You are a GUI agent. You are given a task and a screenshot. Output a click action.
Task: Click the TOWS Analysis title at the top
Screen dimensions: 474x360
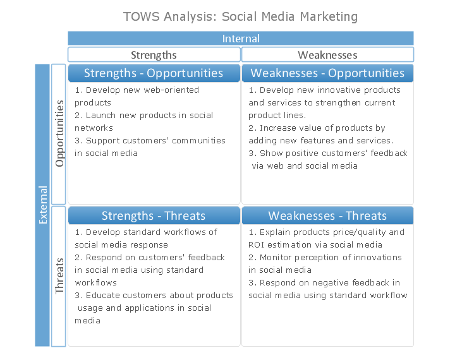(240, 16)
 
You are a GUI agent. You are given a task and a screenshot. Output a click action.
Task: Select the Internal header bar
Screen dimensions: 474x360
(241, 39)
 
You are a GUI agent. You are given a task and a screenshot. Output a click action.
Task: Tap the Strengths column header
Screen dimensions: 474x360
(154, 55)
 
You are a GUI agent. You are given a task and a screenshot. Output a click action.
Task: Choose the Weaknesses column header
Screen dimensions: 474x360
(327, 55)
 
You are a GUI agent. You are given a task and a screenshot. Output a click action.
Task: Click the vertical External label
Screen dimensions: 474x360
(42, 205)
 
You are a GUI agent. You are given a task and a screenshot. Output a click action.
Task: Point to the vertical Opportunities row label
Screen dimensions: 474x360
(59, 133)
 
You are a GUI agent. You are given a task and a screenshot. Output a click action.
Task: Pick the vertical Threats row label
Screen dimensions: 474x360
(59, 276)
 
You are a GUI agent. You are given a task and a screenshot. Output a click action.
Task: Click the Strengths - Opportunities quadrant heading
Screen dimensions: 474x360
(154, 73)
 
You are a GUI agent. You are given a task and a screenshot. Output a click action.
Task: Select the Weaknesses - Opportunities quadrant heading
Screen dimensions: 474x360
(327, 73)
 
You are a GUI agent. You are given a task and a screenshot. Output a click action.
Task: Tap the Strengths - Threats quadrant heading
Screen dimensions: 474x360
(154, 215)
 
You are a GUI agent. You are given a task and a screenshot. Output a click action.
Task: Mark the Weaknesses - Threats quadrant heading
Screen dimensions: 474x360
(327, 215)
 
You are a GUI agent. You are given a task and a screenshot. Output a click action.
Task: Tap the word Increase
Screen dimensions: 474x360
(278, 128)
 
